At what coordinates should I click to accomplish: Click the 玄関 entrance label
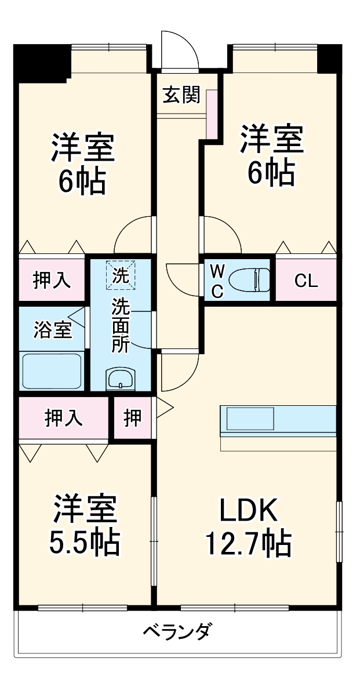point(181,94)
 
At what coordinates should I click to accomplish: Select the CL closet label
point(306,281)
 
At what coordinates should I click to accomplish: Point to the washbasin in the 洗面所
point(120,379)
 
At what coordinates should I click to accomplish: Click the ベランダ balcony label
point(177,631)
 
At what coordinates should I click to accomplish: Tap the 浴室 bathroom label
point(52,330)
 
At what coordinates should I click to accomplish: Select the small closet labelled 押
point(133,418)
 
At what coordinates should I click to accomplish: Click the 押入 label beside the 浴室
point(52,280)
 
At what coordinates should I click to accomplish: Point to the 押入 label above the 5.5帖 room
point(64,418)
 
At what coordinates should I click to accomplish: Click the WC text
point(216,281)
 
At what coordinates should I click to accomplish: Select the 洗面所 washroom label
point(121,326)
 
